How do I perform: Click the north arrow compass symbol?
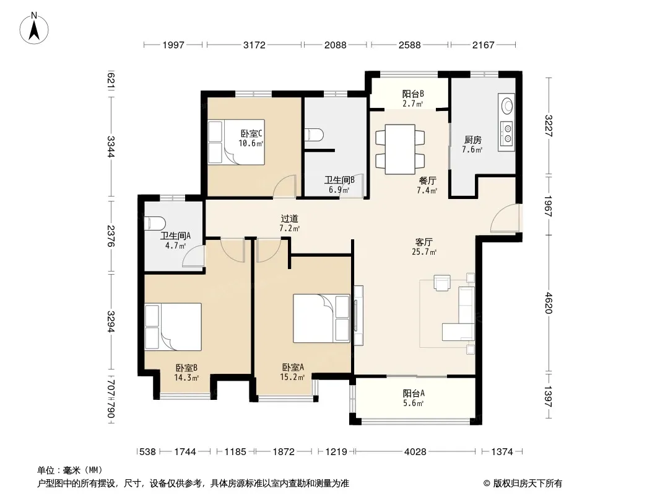coord(34,29)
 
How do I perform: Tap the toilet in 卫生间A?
coord(155,223)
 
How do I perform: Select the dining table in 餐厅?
coord(400,149)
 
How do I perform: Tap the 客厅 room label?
coord(424,247)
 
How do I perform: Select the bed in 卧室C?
coord(236,142)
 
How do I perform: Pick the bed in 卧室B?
coord(173,327)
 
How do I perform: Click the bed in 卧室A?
coord(321,318)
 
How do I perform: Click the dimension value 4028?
coord(415,452)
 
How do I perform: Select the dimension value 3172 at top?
coord(254,45)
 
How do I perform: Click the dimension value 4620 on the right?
coord(548,303)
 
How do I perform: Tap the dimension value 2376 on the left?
coord(111,236)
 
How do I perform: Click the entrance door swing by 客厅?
coord(505,218)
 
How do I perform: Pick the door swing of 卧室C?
coord(285,187)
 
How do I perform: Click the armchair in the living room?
coord(442,283)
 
